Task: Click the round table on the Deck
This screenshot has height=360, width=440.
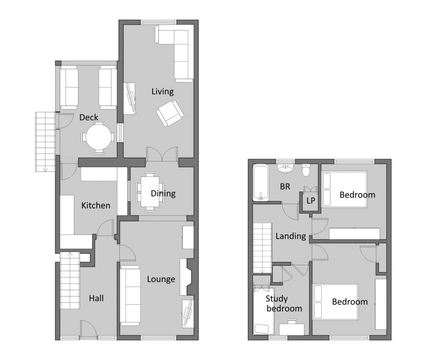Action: coord(99,137)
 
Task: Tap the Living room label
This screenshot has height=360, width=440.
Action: coord(162,91)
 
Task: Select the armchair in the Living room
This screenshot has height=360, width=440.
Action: coord(170,113)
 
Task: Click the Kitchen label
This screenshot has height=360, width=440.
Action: coord(96,205)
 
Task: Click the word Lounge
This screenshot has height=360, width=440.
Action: coord(161,279)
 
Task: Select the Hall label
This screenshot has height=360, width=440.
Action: coord(96,298)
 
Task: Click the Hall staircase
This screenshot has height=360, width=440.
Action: coord(69,283)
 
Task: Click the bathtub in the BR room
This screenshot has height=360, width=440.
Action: coord(261,183)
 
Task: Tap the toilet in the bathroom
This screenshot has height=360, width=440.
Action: coord(306,170)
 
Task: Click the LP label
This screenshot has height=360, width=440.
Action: coord(310,201)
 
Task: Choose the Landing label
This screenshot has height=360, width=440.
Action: coord(290,236)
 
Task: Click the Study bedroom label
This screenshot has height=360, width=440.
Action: coord(284,303)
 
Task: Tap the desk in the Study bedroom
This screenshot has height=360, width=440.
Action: coord(292,329)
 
